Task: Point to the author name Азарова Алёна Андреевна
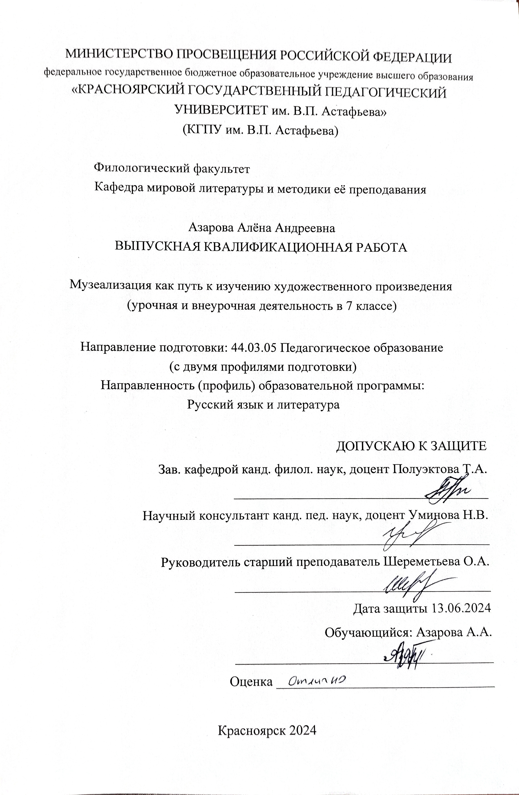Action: pyautogui.click(x=262, y=228)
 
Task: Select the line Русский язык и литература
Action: pyautogui.click(x=263, y=405)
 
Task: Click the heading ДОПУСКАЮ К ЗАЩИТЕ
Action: pyautogui.click(x=411, y=446)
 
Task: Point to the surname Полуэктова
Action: pyautogui.click(x=424, y=470)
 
